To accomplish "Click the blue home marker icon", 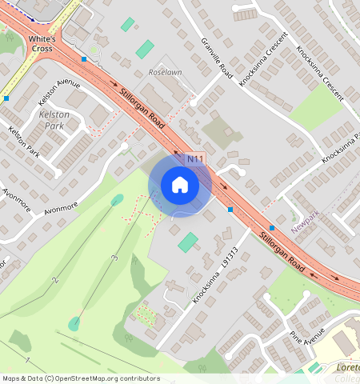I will tap(180, 186).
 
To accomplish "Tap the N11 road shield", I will tap(196, 161).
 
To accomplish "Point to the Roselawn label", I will tap(165, 71).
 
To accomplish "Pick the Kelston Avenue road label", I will tap(59, 90).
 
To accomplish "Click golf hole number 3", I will tap(115, 258).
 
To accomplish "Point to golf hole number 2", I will tap(54, 280).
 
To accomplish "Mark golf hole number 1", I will tap(27, 361).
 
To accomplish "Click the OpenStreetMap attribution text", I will tap(80, 378).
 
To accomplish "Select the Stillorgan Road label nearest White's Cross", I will tap(142, 110).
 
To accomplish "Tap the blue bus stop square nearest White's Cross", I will tap(84, 58).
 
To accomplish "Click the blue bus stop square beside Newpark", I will tap(272, 228).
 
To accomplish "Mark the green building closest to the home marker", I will tap(188, 242).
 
